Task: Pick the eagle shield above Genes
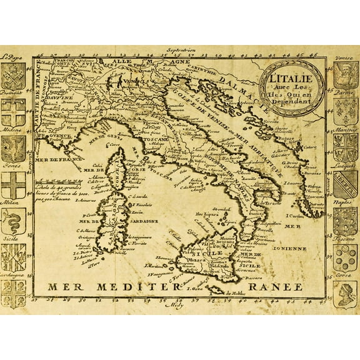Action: coord(13,150)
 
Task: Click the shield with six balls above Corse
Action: coord(345,256)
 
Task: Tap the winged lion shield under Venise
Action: coord(345,76)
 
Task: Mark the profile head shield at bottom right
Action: coord(345,292)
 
